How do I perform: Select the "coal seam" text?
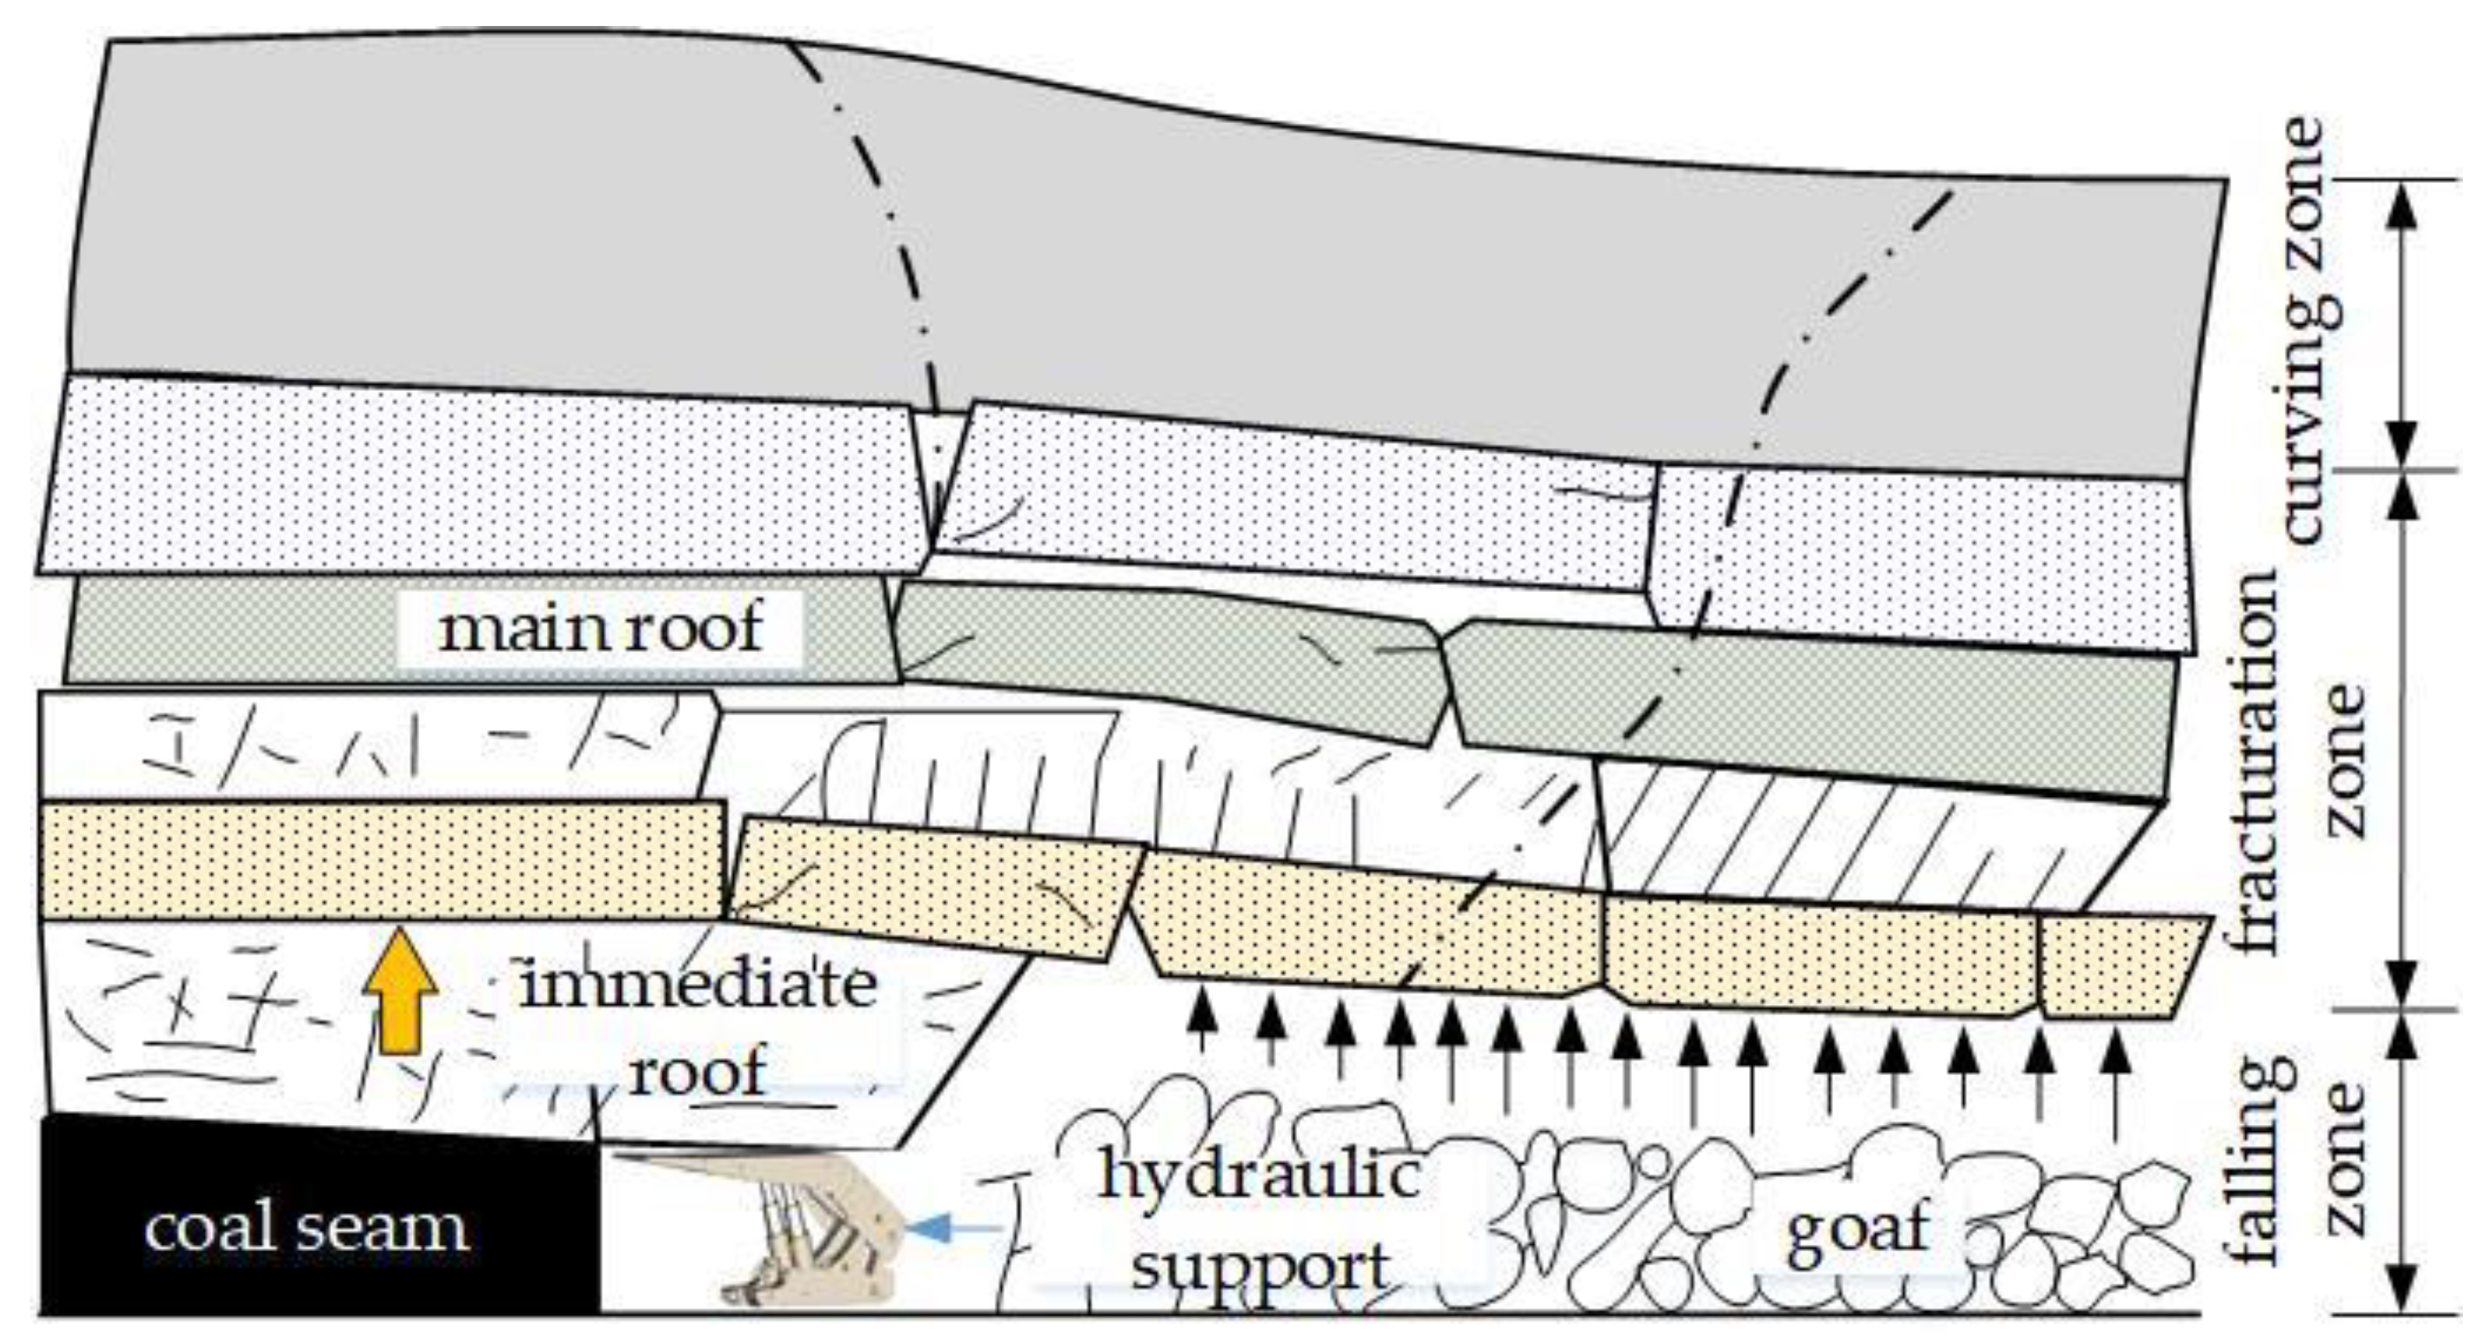coord(307,1229)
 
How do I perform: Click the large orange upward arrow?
coord(400,993)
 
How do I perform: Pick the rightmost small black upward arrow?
coord(2115,1079)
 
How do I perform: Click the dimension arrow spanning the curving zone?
coord(2404,326)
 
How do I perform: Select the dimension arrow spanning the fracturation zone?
coord(2404,739)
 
